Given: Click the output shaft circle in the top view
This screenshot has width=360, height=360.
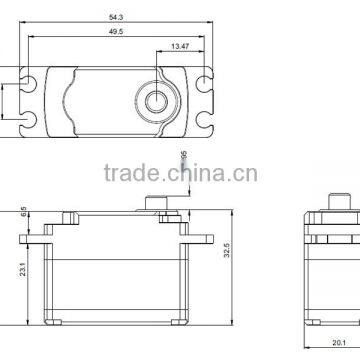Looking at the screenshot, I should [158, 99].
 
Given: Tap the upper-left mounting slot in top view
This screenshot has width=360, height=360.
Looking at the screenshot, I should [30, 76].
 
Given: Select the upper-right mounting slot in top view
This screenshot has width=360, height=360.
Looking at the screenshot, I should [206, 76].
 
